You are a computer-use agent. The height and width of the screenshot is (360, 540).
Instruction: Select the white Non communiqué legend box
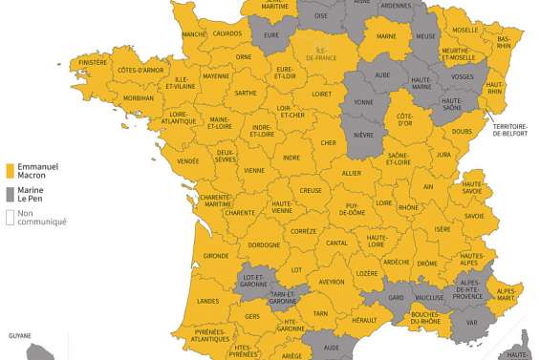tap(10, 217)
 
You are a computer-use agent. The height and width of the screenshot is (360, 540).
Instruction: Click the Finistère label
tap(94, 62)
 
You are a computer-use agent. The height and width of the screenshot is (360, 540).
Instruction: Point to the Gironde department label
tap(216, 256)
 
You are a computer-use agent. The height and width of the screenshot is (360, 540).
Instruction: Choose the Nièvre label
tap(363, 135)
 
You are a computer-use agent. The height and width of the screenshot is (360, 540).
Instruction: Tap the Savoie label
tap(474, 216)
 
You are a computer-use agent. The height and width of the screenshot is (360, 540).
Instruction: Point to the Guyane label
tap(20, 336)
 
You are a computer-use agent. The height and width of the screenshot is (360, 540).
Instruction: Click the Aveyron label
tap(331, 282)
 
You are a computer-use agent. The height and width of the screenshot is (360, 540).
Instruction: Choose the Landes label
tap(208, 301)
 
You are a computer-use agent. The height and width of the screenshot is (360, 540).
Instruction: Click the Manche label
tap(194, 34)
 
